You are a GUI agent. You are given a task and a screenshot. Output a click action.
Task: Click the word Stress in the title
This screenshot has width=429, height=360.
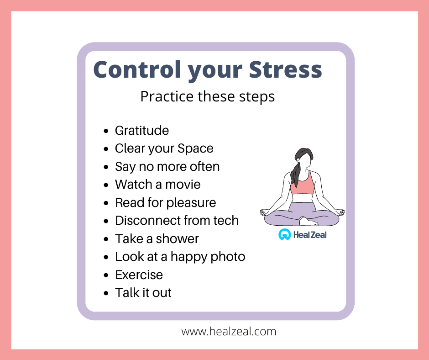[x=285, y=69]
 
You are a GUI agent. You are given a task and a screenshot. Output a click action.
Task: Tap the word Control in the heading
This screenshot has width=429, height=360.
[x=137, y=69]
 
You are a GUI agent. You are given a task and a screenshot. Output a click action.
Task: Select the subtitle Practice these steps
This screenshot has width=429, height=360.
[x=207, y=97]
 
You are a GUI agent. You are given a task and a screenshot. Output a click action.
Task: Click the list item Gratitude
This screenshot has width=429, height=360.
[x=142, y=130]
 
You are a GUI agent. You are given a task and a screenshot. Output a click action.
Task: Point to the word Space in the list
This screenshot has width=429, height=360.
[x=195, y=149]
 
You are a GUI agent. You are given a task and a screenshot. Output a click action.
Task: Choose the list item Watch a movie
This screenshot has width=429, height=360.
[x=157, y=185]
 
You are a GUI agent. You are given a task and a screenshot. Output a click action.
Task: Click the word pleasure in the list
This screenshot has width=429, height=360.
[x=191, y=203]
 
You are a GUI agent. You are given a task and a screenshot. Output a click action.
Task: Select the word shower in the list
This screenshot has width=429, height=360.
[x=177, y=238]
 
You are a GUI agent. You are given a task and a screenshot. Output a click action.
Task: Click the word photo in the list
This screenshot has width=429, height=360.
[x=228, y=257]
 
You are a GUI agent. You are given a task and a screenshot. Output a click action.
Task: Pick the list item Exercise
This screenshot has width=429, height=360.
[x=139, y=275]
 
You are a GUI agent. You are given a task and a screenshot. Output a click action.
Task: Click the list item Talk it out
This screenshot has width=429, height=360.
[x=143, y=292]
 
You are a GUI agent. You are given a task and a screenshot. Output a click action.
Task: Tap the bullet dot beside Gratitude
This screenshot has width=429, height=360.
[x=106, y=131]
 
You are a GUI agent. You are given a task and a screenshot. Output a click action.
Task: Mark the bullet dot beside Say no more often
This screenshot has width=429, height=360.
[x=106, y=167]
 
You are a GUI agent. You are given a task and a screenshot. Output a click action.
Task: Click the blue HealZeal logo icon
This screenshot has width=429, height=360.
[x=284, y=234]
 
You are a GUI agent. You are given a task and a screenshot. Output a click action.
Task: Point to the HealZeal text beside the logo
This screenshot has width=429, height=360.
[x=310, y=235]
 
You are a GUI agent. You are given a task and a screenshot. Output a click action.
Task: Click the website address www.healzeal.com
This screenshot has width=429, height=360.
[x=229, y=332]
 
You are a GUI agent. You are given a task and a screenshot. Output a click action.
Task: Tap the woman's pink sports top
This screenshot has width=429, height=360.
[x=302, y=184]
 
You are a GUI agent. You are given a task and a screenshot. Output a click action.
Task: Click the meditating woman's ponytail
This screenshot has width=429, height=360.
[x=295, y=173]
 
